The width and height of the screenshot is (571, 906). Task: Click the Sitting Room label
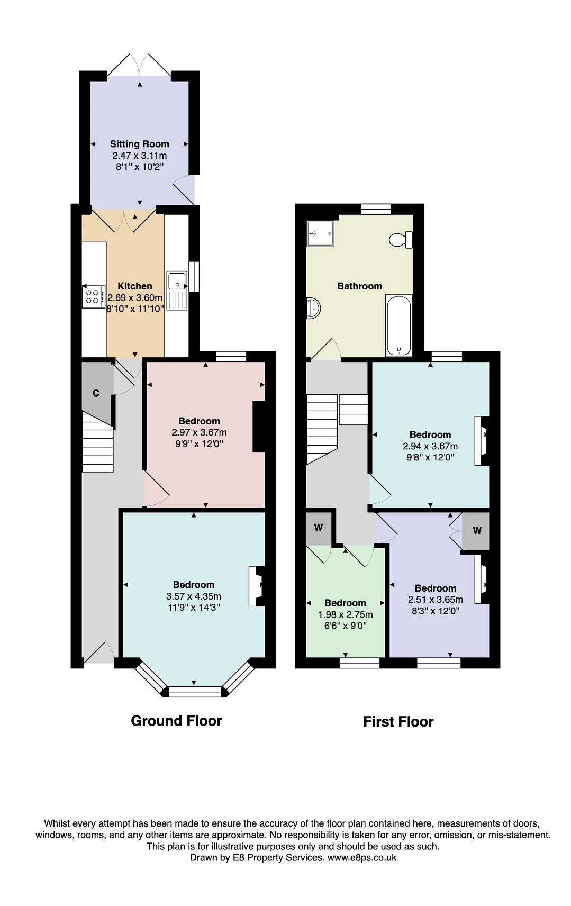tap(140, 144)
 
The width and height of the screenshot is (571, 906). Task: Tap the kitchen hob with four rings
tap(94, 296)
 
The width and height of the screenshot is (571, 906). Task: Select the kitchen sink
tap(177, 291)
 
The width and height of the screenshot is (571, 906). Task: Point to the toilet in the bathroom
tap(401, 240)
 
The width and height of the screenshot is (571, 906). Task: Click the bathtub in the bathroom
tap(398, 325)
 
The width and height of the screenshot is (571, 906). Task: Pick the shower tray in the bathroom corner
tap(320, 233)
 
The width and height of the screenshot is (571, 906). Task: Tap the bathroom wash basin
tap(313, 308)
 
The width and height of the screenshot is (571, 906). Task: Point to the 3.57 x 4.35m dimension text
tap(194, 596)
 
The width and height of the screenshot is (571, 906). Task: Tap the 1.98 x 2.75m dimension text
tap(346, 614)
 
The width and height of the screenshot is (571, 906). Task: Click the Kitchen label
tap(135, 286)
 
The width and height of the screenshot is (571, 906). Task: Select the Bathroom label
tap(359, 286)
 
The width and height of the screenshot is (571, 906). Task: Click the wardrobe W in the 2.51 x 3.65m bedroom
tap(476, 531)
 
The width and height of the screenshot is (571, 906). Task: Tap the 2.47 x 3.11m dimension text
tap(140, 156)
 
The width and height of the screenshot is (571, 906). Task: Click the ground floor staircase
tap(97, 442)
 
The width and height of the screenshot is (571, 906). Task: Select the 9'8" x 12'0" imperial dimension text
tap(430, 457)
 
